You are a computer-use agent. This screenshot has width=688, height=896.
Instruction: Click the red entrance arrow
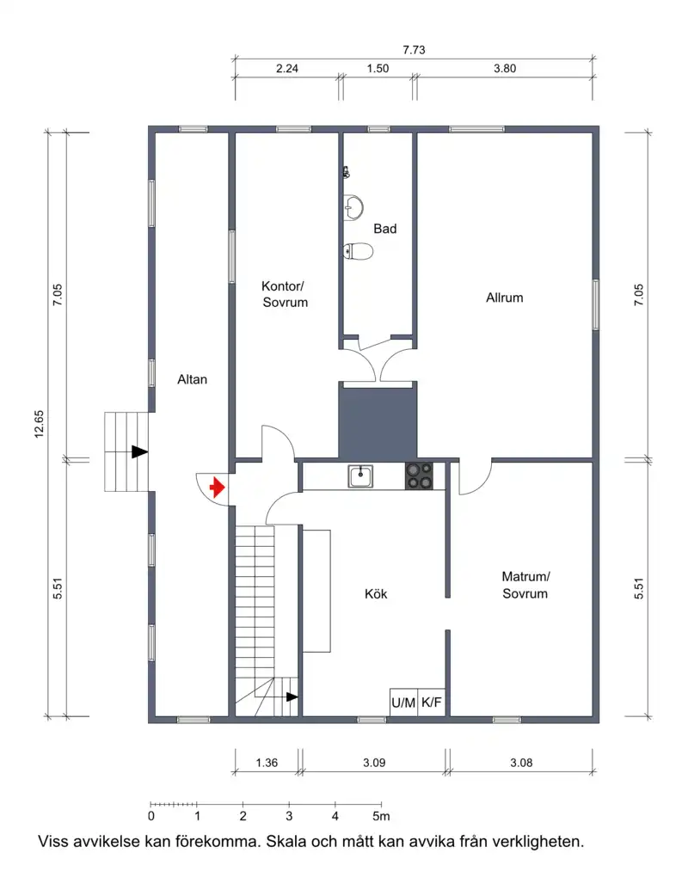(217, 488)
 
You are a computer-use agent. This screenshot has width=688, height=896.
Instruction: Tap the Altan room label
(192, 379)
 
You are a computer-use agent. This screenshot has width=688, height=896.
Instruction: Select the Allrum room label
(505, 298)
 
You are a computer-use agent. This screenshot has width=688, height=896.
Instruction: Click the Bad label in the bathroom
(385, 229)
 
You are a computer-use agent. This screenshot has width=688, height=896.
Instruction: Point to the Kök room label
(376, 593)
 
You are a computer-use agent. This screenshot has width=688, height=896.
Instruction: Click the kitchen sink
(360, 476)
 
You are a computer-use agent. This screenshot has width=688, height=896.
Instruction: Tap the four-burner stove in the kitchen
(419, 476)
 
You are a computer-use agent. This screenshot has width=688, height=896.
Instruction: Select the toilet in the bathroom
(359, 251)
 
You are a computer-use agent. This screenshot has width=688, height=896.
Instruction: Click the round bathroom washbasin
(353, 207)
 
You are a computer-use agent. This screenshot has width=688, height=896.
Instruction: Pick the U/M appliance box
(403, 703)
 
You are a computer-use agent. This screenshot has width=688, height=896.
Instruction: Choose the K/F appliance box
(432, 703)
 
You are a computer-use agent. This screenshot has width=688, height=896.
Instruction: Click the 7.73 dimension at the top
(414, 50)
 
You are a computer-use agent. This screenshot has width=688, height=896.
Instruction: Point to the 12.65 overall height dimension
(39, 424)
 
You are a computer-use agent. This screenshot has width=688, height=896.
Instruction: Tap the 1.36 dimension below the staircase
(267, 762)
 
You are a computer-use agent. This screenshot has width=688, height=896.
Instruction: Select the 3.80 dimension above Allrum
(505, 69)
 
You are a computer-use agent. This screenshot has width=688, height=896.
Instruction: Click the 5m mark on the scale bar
(381, 816)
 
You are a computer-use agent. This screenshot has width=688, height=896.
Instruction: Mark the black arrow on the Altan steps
(139, 452)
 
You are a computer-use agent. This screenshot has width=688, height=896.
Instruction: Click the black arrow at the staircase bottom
(292, 697)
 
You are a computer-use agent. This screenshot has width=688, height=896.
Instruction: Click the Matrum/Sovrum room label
(525, 585)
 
